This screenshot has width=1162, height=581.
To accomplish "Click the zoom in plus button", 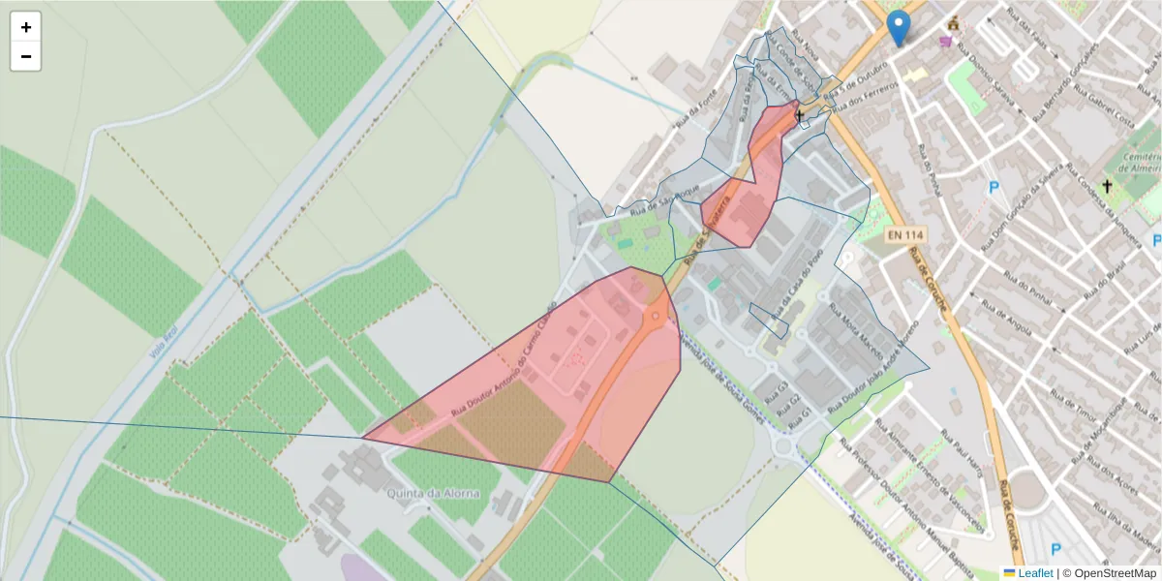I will pos(26,27).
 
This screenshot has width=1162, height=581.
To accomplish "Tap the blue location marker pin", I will pos(900,28).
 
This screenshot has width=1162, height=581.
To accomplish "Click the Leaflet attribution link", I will pos(1035,573).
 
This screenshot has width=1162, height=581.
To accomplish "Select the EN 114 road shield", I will pos(906,235).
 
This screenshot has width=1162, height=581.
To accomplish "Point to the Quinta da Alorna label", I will pos(434,493).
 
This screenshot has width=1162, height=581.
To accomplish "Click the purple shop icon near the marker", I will pos(945,42).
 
